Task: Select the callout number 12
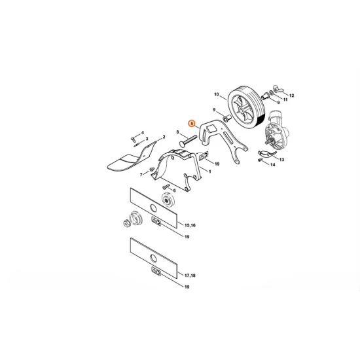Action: (x=292, y=96)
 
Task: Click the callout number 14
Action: (x=273, y=165)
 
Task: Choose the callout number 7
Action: (x=140, y=174)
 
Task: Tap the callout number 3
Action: (x=146, y=139)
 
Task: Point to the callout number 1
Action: (x=208, y=171)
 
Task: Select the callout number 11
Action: (x=285, y=101)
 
